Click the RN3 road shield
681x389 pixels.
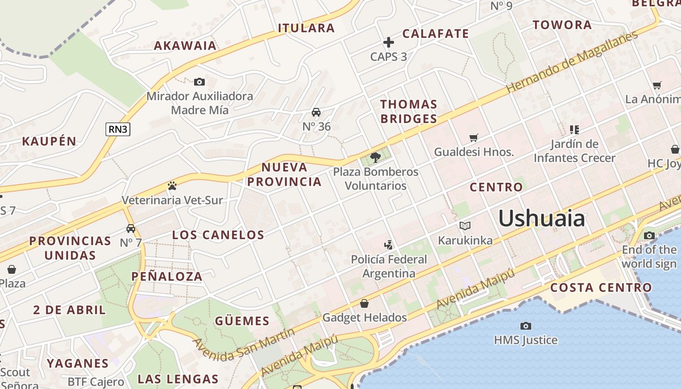118,129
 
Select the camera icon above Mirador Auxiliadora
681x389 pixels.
199,82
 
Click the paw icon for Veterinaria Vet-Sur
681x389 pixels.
172,185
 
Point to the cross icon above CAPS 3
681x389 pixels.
388,42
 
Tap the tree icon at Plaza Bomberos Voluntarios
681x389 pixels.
375,157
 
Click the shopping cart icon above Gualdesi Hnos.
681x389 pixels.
474,138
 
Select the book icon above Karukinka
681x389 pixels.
465,226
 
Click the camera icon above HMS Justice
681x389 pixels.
525,326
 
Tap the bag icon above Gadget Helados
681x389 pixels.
364,303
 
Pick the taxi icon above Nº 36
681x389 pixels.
316,112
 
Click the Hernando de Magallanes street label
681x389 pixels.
572,62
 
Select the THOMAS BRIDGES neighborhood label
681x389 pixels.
409,111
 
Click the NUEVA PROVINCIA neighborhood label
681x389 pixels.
285,175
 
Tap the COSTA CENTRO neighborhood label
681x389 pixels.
601,287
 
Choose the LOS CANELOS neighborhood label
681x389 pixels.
218,235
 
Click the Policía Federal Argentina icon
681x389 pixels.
388,245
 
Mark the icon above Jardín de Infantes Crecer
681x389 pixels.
574,129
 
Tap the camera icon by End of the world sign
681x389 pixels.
649,236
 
